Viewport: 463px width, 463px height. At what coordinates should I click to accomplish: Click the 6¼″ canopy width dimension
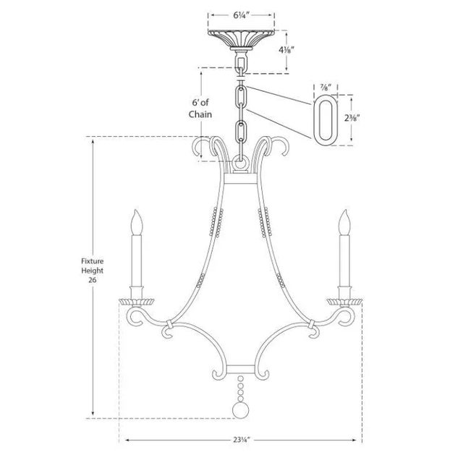[242, 15]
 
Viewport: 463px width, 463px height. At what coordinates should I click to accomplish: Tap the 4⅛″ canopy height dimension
[286, 50]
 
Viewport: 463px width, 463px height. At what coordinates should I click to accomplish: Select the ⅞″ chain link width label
[325, 88]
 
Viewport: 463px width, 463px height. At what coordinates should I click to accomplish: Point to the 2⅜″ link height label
[352, 119]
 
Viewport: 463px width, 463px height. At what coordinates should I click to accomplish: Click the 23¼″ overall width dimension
[242, 440]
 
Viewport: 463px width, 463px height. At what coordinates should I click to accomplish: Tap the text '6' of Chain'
[200, 109]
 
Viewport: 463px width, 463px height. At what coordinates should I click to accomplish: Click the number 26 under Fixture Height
[93, 280]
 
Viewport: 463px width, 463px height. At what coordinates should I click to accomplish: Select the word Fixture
[93, 261]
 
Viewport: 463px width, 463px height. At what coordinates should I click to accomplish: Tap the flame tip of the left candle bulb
[136, 210]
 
